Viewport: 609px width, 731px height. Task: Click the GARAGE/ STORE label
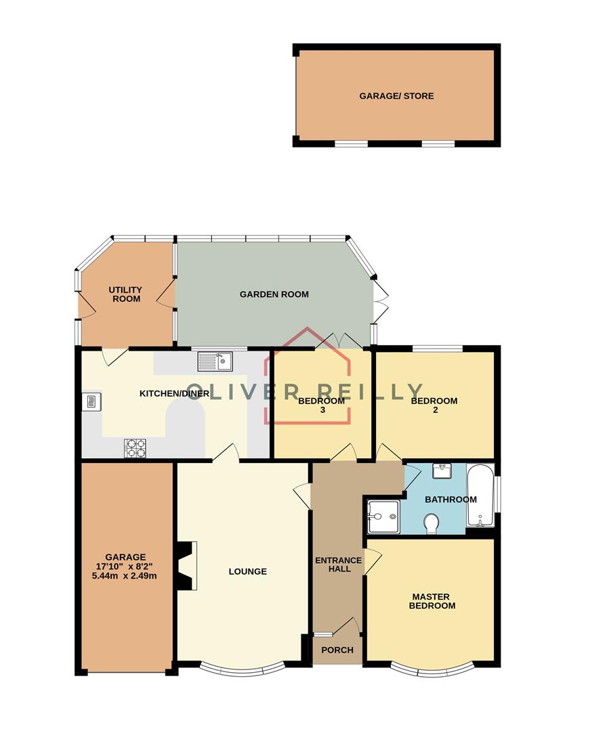[x=396, y=96]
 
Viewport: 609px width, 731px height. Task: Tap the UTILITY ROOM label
[x=125, y=294]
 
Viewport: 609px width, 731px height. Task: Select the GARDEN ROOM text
[x=274, y=294]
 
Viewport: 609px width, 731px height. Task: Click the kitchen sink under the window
[x=215, y=363]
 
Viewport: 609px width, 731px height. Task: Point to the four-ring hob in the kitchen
[x=135, y=447]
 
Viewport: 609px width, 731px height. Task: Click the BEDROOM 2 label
[x=434, y=405]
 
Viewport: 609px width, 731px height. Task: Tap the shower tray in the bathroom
[x=383, y=517]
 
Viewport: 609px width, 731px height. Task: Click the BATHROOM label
[x=450, y=500]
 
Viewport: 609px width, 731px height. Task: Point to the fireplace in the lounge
[x=186, y=566]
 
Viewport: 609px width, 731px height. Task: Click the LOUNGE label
[x=247, y=571]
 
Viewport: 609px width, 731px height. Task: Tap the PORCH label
[x=337, y=650]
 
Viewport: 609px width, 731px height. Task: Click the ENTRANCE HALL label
[x=339, y=564]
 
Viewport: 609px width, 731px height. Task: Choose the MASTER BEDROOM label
[x=434, y=601]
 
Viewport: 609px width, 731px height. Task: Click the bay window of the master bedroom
[x=430, y=671]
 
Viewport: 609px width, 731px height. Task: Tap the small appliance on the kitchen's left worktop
[x=91, y=401]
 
